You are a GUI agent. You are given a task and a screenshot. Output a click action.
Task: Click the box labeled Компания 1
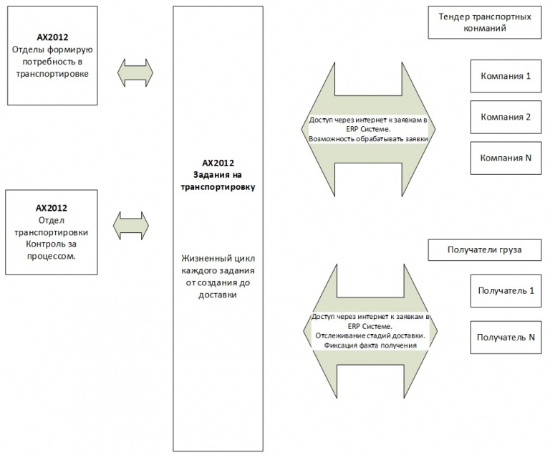click(x=506, y=76)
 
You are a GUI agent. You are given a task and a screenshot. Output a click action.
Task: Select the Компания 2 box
click(x=506, y=118)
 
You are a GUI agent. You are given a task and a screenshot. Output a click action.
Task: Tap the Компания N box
click(x=506, y=158)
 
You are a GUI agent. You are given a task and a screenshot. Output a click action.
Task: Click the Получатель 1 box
click(x=506, y=291)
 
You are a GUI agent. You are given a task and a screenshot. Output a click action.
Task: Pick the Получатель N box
click(x=506, y=338)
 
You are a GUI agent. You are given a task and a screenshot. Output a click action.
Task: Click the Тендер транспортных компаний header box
click(x=485, y=22)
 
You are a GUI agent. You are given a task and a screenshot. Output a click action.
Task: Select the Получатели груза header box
click(x=485, y=250)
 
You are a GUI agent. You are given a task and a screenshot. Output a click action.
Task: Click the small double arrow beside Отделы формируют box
click(x=135, y=73)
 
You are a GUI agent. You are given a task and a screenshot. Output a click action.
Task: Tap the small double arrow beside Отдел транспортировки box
click(x=131, y=226)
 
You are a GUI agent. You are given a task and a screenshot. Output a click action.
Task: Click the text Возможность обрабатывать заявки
click(x=368, y=139)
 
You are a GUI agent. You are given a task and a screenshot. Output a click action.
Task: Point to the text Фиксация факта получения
click(x=370, y=345)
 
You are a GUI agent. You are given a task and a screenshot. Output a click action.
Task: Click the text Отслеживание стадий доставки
click(x=370, y=336)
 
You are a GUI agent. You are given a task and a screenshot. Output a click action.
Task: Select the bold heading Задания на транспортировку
click(x=218, y=181)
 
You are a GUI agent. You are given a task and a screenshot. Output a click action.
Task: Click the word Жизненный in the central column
click(x=201, y=259)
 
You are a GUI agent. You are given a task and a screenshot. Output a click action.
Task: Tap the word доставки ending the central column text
click(x=218, y=295)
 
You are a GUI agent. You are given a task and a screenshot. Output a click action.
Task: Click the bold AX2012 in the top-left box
click(x=52, y=37)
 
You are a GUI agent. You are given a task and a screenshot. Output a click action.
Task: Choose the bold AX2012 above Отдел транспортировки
click(x=52, y=208)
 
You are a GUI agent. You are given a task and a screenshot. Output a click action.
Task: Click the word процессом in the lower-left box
click(x=52, y=256)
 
